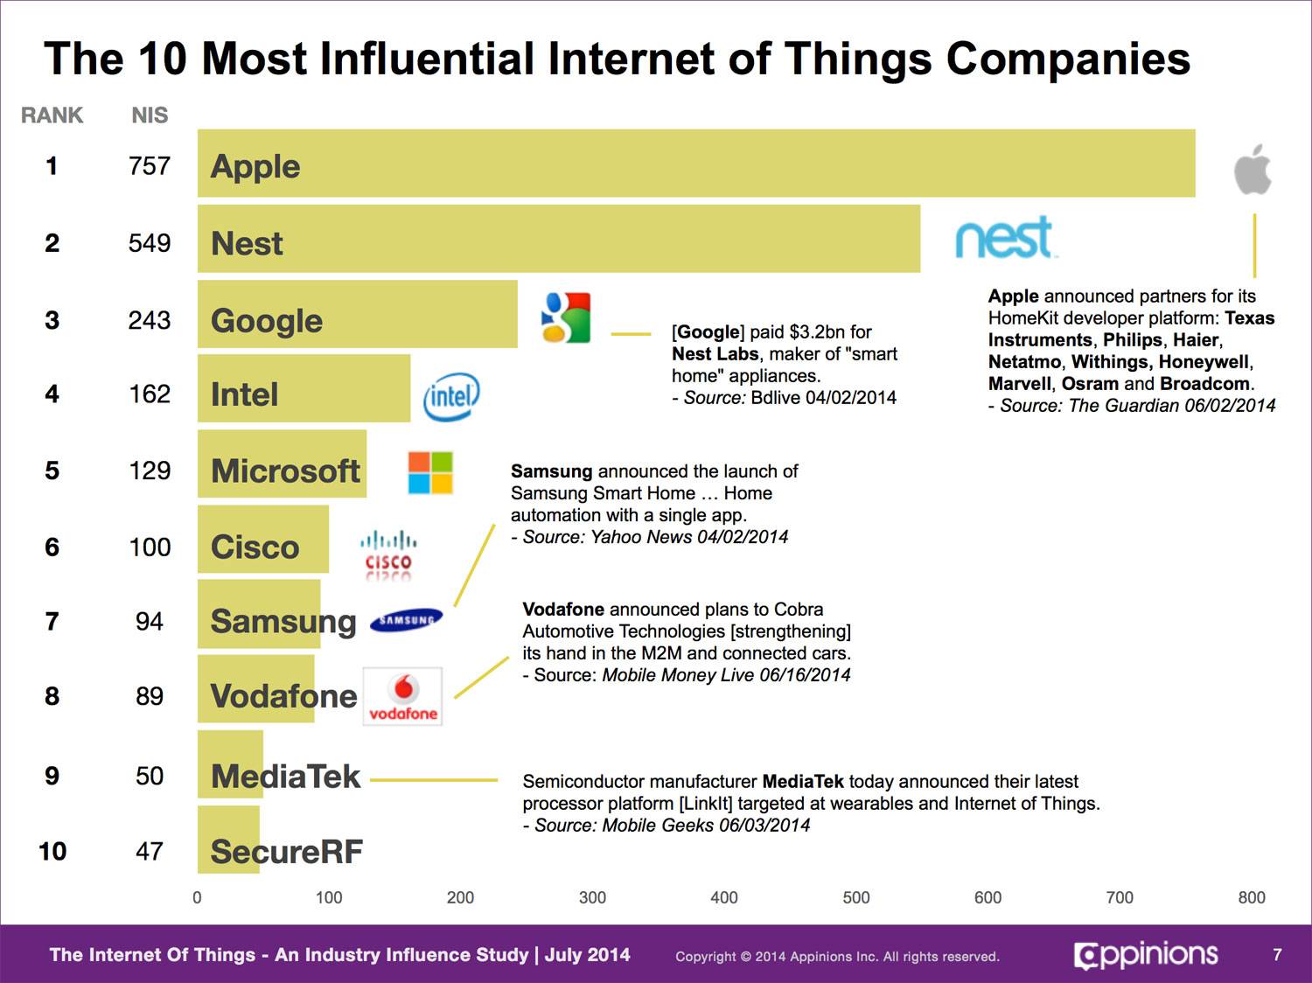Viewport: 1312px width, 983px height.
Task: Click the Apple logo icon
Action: click(x=1253, y=170)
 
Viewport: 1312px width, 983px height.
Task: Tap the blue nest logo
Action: click(x=1005, y=237)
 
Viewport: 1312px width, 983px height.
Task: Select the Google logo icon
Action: click(x=566, y=317)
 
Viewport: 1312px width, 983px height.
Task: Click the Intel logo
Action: click(x=451, y=397)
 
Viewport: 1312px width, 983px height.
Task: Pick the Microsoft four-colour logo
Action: click(x=430, y=472)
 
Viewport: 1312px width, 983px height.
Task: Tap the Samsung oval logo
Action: click(x=406, y=620)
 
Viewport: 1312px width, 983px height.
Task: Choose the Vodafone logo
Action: click(x=402, y=696)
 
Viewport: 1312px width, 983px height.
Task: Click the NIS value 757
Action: click(x=150, y=165)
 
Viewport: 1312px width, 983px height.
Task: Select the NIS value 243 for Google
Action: click(x=150, y=320)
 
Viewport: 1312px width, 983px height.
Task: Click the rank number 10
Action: click(x=52, y=851)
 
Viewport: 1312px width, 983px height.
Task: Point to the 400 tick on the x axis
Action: click(x=724, y=897)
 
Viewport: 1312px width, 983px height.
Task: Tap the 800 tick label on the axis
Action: click(x=1252, y=897)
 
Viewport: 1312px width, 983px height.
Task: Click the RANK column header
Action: click(x=52, y=115)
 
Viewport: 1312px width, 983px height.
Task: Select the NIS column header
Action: click(x=150, y=115)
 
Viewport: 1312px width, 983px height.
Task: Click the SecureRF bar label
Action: click(x=287, y=851)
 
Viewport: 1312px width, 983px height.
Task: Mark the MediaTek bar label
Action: click(x=285, y=776)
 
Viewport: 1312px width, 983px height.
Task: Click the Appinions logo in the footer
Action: click(x=1146, y=955)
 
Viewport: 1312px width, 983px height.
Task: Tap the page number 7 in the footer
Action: click(x=1277, y=954)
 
